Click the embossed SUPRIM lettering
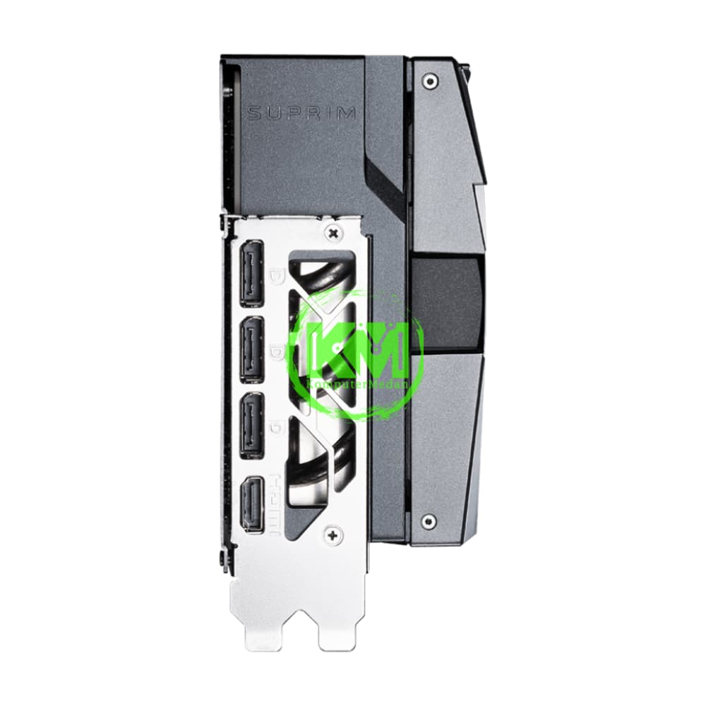tap(301, 113)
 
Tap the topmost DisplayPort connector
tap(252, 273)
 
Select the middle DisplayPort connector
tap(252, 349)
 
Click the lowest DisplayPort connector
tap(252, 424)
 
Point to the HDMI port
tap(251, 504)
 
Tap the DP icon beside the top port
tap(277, 273)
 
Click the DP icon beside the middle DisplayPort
tap(277, 349)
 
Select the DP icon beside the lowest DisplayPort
tap(277, 425)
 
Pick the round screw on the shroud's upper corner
tap(429, 82)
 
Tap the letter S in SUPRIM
tap(253, 113)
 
